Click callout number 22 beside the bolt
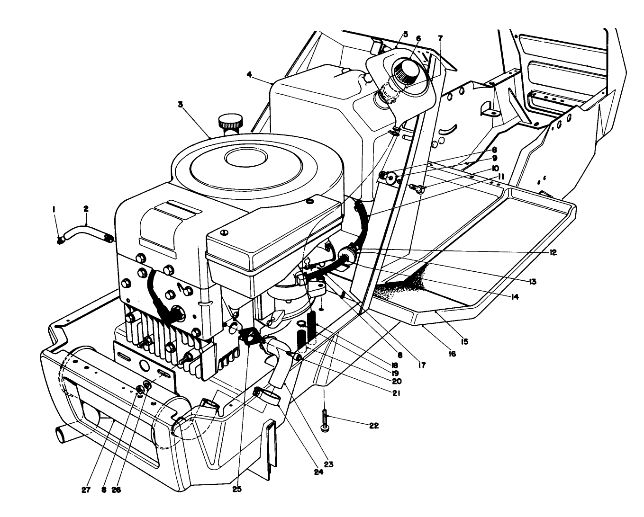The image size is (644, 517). click(x=373, y=426)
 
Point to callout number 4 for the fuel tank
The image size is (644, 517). click(x=249, y=74)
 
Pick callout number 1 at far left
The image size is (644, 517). click(x=54, y=208)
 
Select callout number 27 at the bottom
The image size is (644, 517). click(x=85, y=490)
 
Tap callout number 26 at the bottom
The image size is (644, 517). click(x=116, y=490)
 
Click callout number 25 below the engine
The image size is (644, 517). click(x=237, y=489)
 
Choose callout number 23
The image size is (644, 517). click(x=328, y=464)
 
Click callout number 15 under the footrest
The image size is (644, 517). click(x=464, y=341)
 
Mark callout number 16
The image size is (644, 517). click(x=452, y=353)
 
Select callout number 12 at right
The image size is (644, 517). click(x=553, y=252)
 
